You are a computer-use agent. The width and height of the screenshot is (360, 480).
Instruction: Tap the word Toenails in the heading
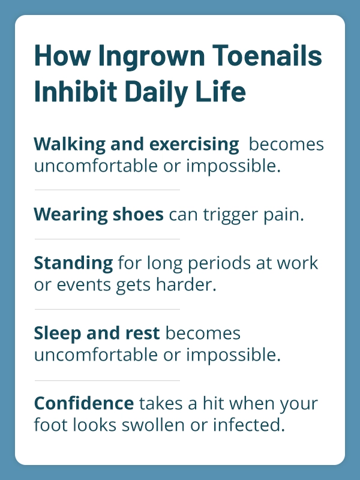[x=267, y=55]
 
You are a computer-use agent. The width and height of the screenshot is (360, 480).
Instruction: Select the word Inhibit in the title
[x=76, y=91]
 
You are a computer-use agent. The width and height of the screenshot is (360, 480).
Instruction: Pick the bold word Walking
[x=70, y=145]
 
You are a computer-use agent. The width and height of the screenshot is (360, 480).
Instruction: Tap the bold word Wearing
[x=70, y=215]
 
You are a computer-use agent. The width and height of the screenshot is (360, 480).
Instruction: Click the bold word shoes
[x=138, y=214]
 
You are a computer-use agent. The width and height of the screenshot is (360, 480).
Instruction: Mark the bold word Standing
[x=73, y=263]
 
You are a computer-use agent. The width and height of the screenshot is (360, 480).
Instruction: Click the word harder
[x=186, y=284]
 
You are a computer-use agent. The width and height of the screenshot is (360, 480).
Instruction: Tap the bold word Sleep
[x=57, y=334]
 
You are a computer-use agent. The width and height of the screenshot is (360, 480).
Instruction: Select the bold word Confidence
[x=84, y=403]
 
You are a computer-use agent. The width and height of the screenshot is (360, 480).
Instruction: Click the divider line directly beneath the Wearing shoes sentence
[x=107, y=239]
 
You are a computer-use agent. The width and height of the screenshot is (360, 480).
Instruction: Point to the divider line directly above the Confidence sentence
[x=107, y=381]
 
